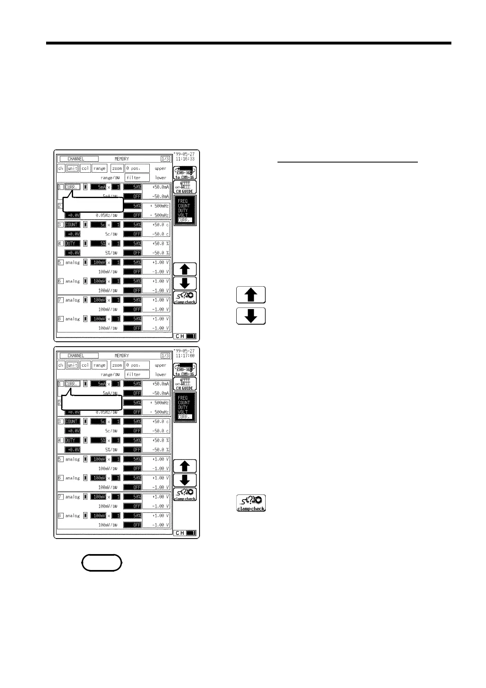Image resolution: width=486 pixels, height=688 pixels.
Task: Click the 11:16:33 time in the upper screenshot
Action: coord(185,159)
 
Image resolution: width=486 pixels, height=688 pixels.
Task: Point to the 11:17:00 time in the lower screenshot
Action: coord(185,356)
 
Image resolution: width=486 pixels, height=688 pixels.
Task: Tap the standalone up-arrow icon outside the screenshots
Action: coord(251,295)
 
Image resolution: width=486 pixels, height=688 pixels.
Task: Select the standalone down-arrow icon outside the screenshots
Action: coord(251,316)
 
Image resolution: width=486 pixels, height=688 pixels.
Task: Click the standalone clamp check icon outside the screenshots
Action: coord(251,503)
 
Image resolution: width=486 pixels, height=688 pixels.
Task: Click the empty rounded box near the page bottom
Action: coord(102,563)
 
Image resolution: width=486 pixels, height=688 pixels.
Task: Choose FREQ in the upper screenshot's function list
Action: coord(183,201)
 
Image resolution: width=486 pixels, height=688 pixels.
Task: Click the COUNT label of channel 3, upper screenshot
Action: coord(72,225)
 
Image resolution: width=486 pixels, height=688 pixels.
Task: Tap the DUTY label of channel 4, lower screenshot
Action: coord(71,440)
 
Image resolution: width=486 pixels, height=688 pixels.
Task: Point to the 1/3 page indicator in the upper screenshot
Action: coord(165,159)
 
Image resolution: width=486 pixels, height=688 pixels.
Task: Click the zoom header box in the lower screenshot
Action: coord(117,365)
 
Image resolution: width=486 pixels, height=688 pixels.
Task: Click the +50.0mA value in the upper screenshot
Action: coord(160,187)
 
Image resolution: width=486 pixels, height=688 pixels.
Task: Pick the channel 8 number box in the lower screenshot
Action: coord(60,516)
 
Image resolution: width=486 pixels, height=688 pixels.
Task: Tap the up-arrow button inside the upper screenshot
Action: coord(184,269)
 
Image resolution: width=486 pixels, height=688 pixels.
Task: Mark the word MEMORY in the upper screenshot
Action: coord(122,159)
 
